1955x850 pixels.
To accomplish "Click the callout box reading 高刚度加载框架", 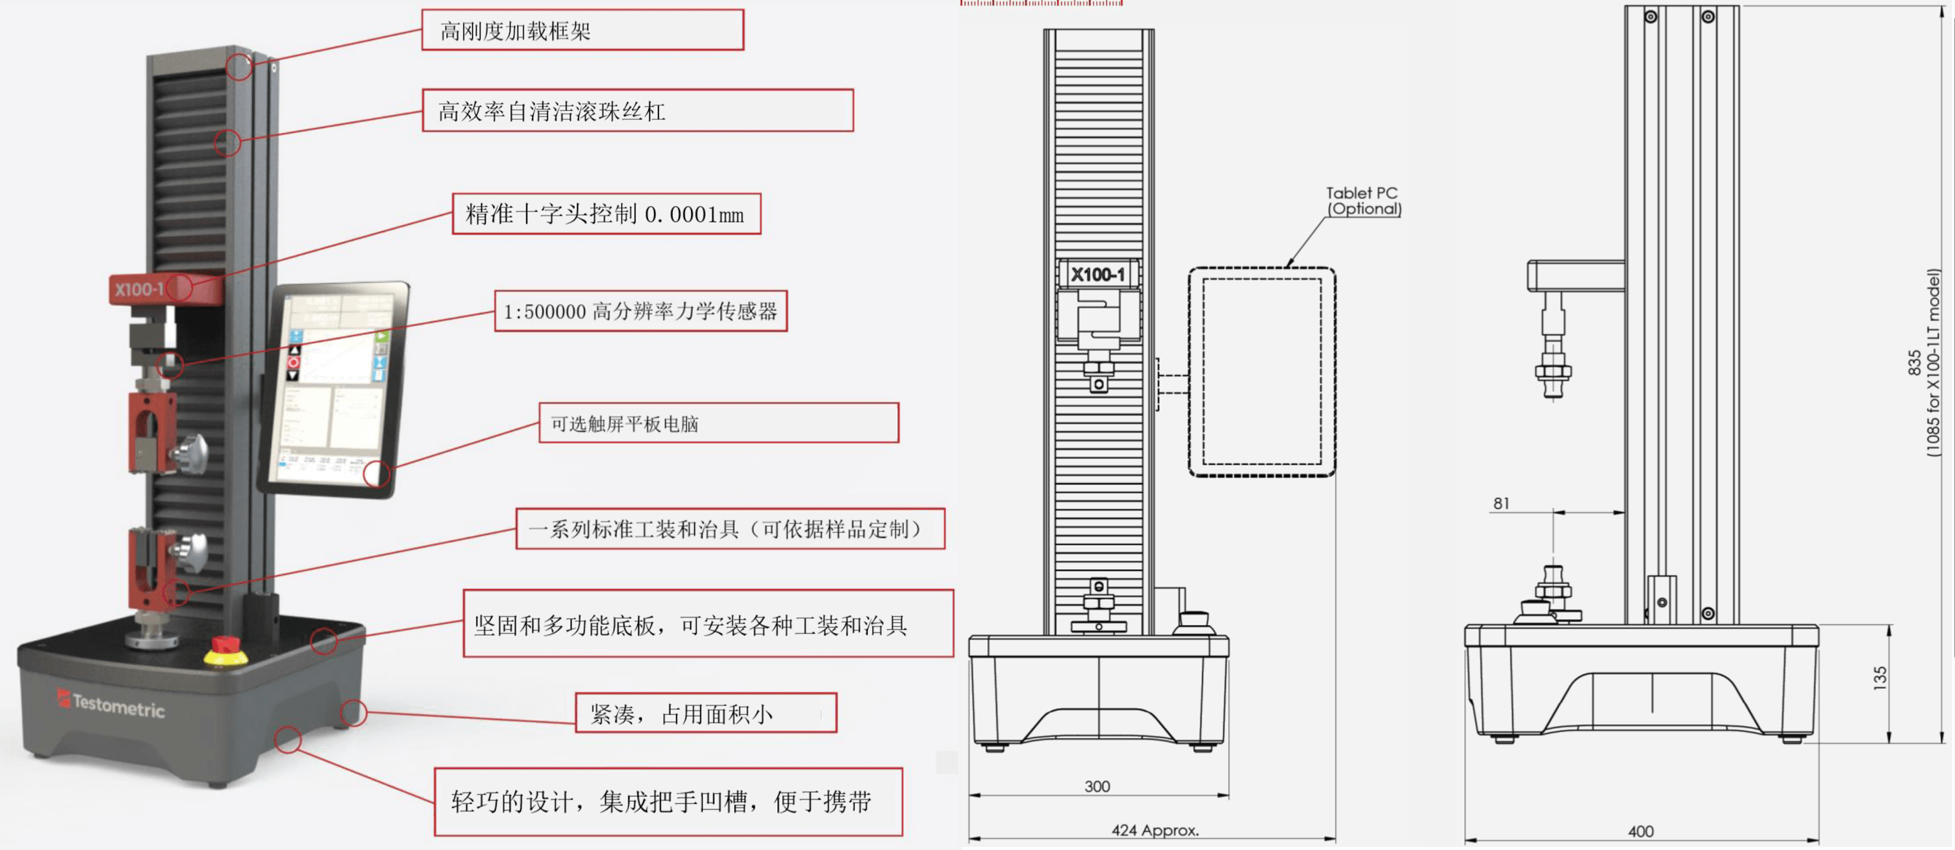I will tap(582, 31).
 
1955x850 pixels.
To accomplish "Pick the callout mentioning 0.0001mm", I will tap(606, 214).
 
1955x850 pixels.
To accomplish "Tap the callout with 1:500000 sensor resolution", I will tap(640, 311).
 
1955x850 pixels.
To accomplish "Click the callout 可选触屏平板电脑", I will tap(718, 423).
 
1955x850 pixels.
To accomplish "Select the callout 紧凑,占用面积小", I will tap(705, 713).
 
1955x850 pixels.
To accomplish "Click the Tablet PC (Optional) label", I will tap(1363, 201).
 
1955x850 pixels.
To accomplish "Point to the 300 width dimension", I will tap(1097, 786).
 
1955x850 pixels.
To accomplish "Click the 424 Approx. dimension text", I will tap(1154, 830).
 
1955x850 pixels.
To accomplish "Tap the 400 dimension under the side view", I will tap(1640, 831).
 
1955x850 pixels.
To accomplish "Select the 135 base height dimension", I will tap(1879, 677).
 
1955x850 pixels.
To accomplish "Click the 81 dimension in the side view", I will tap(1501, 503).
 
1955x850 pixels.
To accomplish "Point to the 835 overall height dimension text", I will tap(1914, 363).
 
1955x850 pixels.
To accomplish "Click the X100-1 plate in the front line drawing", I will tap(1097, 274).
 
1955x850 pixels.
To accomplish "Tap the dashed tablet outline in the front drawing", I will tap(1262, 372).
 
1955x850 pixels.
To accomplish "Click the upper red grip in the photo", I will tap(153, 433).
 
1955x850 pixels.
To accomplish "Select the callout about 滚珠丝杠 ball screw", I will tap(637, 111).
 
